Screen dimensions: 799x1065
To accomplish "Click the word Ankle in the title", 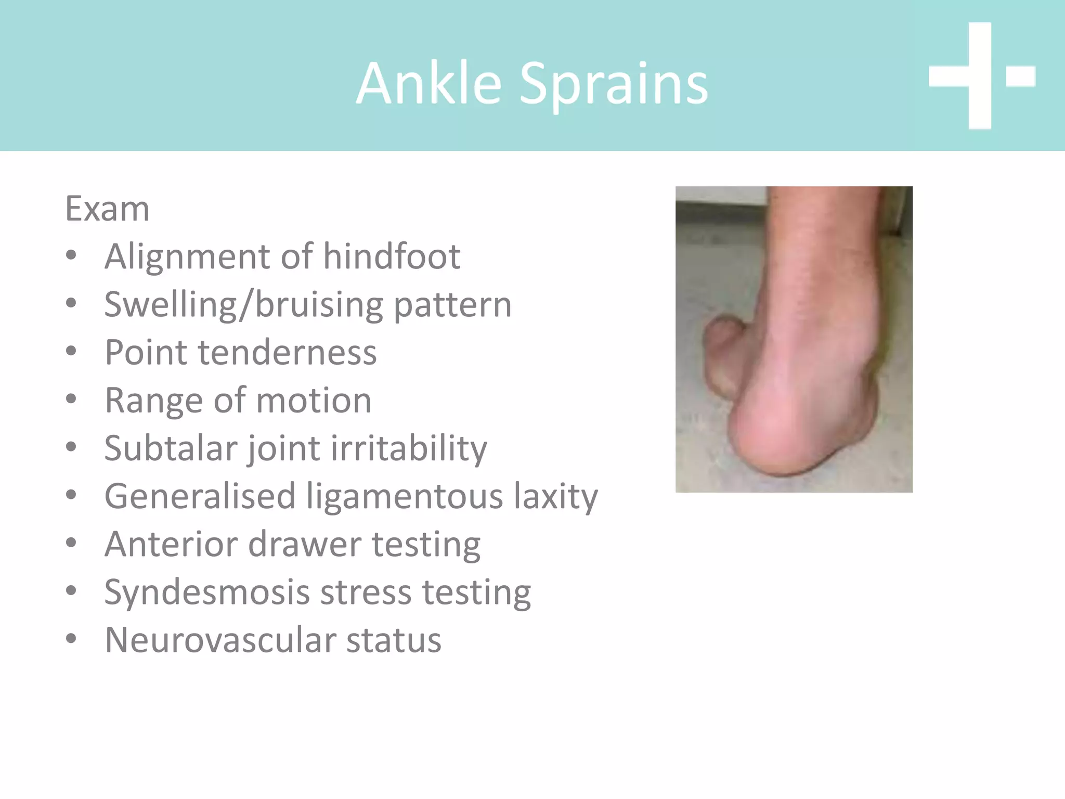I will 429,83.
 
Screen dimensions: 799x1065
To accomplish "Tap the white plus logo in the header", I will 980,76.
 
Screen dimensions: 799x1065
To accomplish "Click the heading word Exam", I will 107,209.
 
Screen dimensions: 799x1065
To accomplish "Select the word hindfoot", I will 392,256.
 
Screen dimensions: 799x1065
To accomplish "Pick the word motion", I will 314,401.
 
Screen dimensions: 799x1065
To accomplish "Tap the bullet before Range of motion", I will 71,399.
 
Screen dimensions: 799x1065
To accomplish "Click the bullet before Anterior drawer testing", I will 71,543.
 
